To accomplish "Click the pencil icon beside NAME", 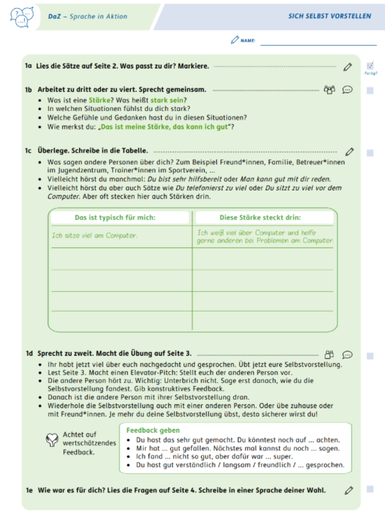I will pyautogui.click(x=234, y=40).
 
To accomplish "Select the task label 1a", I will pyautogui.click(x=28, y=66).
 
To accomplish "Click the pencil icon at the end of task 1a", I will pyautogui.click(x=348, y=66).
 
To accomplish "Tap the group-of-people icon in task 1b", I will pyautogui.click(x=329, y=90).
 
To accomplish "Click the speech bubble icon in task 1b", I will pyautogui.click(x=348, y=90).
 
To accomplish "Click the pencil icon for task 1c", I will pyautogui.click(x=349, y=152).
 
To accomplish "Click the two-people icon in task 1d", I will pyautogui.click(x=329, y=354).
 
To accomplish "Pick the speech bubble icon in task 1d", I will pyautogui.click(x=348, y=354).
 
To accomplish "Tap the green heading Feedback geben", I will pyautogui.click(x=153, y=430).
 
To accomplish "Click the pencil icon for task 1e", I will pyautogui.click(x=349, y=491).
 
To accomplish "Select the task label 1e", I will pyautogui.click(x=28, y=491).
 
